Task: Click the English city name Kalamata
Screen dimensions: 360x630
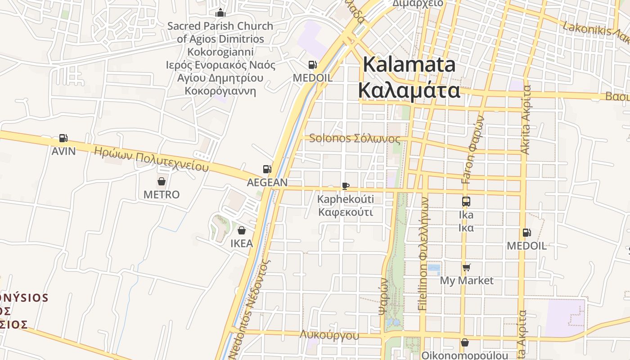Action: pos(409,65)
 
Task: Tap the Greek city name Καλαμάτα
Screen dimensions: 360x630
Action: pos(409,90)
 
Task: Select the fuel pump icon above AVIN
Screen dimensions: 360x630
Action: pos(63,138)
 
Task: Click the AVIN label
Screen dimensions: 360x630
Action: pos(63,151)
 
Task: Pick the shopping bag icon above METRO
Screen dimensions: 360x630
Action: pos(162,181)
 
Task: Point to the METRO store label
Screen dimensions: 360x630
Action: pos(162,195)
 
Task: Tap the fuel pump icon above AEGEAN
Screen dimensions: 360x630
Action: pos(267,169)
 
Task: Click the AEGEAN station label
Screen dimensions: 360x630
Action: pos(267,182)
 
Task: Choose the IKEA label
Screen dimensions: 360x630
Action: pos(242,244)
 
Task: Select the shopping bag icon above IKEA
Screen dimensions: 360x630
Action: pos(242,231)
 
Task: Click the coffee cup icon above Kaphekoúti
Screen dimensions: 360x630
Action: pos(346,186)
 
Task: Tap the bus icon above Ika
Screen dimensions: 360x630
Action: pos(466,202)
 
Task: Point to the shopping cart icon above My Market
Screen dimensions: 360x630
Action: pos(467,268)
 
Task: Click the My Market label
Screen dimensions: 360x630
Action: pos(467,281)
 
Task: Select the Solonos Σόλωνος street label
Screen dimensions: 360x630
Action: pos(355,138)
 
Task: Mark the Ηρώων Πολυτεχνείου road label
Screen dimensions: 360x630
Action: pos(151,159)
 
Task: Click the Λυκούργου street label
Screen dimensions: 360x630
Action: pos(329,335)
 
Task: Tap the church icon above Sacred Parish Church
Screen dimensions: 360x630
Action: pos(220,13)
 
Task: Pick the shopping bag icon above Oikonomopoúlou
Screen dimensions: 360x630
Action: pos(465,343)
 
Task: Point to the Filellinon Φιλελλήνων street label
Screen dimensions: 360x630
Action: pos(423,252)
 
